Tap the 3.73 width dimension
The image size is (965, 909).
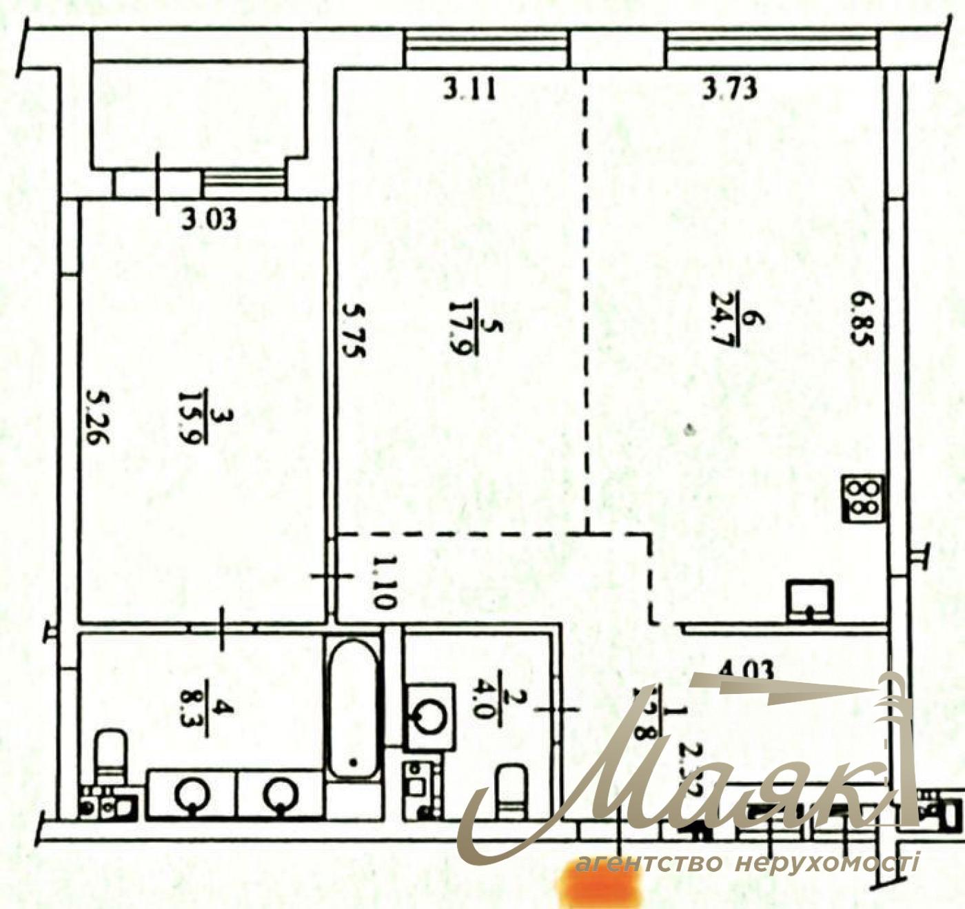point(730,89)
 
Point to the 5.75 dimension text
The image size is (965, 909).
point(354,331)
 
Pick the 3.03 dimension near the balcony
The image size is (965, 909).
point(209,219)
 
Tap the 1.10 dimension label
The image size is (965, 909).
point(381,583)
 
